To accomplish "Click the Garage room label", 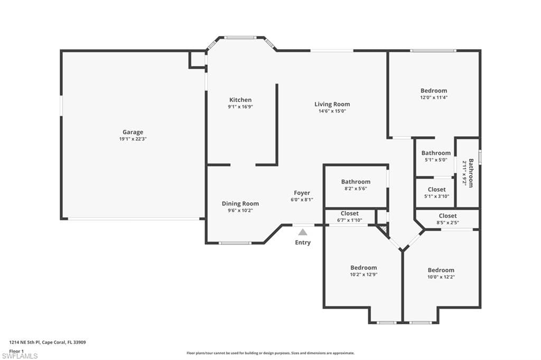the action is tap(133, 132).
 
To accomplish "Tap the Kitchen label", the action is tap(240, 100).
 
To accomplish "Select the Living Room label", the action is tap(332, 104).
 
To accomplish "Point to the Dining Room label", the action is tap(240, 204).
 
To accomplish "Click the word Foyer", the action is tap(302, 193).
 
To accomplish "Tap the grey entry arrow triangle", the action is tap(303, 232).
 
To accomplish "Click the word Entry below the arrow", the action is tap(303, 242).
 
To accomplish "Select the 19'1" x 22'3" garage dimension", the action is tap(133, 139).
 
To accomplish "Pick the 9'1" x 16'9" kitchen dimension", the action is tap(240, 107).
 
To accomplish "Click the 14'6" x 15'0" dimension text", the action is tap(332, 111).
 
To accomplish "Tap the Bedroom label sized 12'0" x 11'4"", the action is tap(434, 91).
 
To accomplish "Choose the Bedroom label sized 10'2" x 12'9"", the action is tap(363, 268).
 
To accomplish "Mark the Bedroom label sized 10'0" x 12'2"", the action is tap(441, 270).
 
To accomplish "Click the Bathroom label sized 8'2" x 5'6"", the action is tap(356, 182).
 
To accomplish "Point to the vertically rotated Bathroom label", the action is tap(471, 173).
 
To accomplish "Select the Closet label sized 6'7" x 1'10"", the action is tap(350, 213).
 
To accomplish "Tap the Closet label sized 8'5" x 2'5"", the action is tap(448, 216).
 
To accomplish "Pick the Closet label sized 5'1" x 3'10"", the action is tap(436, 190).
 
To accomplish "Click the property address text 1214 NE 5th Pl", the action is tap(24, 343).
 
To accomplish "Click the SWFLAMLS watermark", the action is tap(20, 356).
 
